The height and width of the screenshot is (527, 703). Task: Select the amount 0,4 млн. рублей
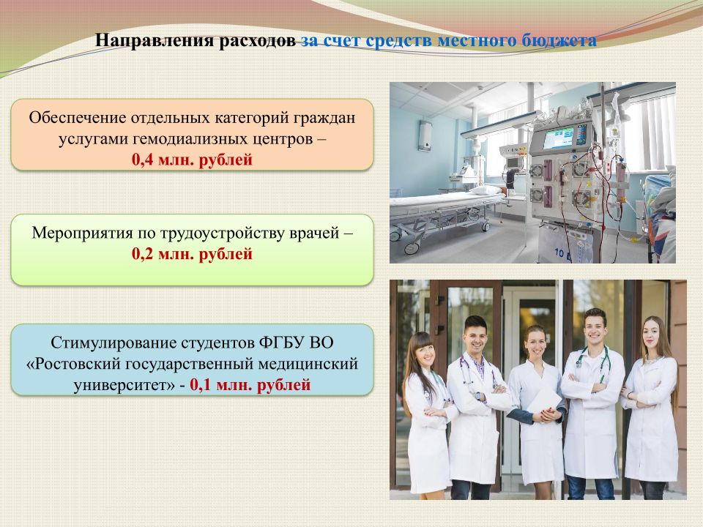193,160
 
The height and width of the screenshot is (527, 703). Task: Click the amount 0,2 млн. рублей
193,254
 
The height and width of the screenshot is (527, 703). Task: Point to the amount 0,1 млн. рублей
250,384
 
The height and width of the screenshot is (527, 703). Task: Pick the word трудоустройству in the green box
223,233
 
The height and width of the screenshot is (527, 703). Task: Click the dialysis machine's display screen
559,137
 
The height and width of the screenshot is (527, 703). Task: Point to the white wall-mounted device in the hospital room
425,136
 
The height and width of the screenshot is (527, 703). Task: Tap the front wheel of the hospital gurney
411,248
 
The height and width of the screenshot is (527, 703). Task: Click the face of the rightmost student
652,335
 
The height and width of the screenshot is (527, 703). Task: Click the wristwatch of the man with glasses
479,396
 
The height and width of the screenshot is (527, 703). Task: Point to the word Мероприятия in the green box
82,233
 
